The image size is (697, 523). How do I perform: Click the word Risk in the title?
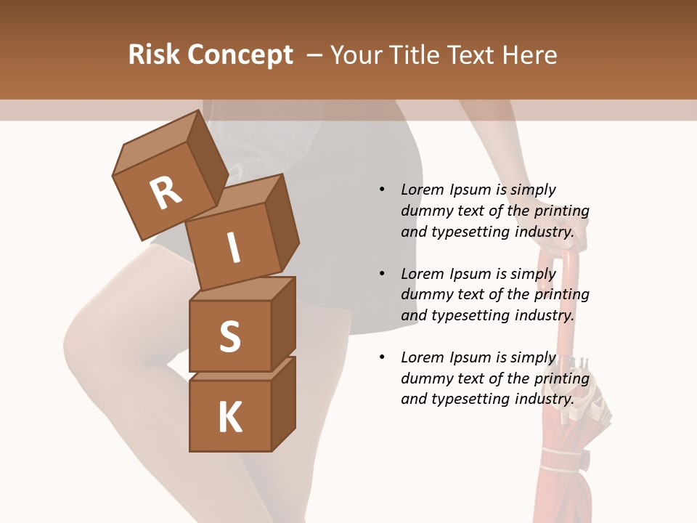tap(153, 55)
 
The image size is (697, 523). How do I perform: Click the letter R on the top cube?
tap(166, 192)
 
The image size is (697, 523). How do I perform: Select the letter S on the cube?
tap(229, 336)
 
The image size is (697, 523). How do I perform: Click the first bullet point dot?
tap(382, 190)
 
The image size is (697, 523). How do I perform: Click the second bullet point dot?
tap(382, 274)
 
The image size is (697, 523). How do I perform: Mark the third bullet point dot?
tap(382, 357)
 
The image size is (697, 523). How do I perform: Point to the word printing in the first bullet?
tap(561, 211)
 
